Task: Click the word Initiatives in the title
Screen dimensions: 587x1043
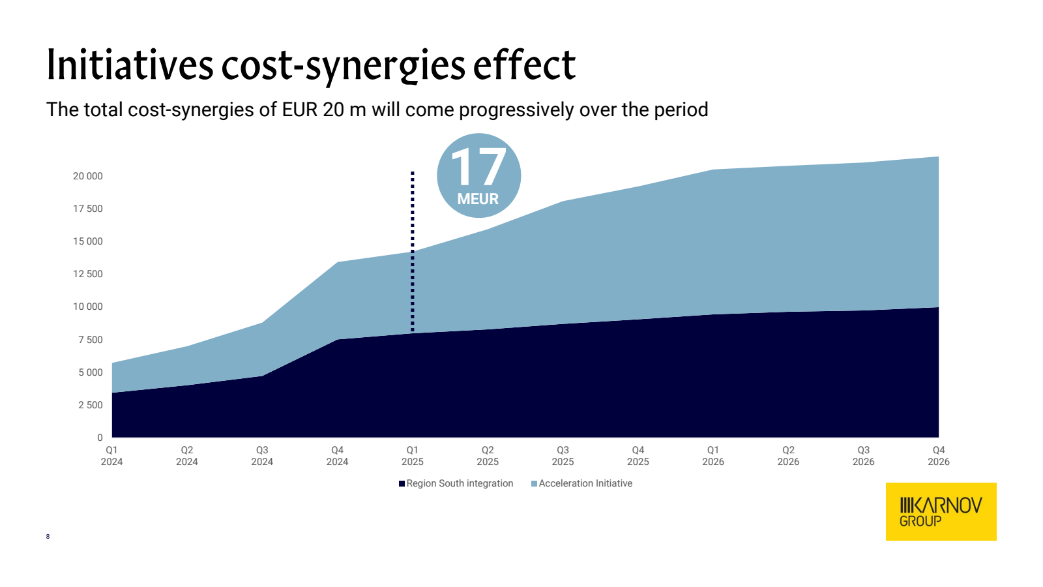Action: coord(130,65)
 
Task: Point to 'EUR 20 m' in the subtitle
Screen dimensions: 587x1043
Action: coord(324,110)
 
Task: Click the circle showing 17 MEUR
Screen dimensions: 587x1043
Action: coord(478,175)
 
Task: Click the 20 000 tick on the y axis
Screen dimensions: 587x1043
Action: coord(88,176)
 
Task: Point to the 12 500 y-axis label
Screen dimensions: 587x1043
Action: coord(88,274)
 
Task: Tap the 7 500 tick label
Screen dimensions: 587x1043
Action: coord(91,340)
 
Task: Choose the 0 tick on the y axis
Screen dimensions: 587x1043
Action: coord(100,438)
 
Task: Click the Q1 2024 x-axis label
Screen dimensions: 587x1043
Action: coord(112,456)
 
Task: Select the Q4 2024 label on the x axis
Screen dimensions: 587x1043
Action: coord(337,456)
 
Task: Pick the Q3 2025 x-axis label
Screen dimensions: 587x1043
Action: coord(563,456)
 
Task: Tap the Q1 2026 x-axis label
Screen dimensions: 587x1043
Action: coord(713,456)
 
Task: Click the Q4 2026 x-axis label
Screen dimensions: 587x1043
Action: coord(939,456)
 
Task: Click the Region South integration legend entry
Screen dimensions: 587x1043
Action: coord(456,483)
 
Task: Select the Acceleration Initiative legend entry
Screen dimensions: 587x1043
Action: coord(582,483)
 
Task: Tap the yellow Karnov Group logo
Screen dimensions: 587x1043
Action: coord(941,511)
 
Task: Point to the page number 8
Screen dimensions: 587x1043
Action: coord(48,537)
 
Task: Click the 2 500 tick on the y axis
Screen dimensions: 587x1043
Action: coord(91,405)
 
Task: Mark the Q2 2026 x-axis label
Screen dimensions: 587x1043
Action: coord(788,456)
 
